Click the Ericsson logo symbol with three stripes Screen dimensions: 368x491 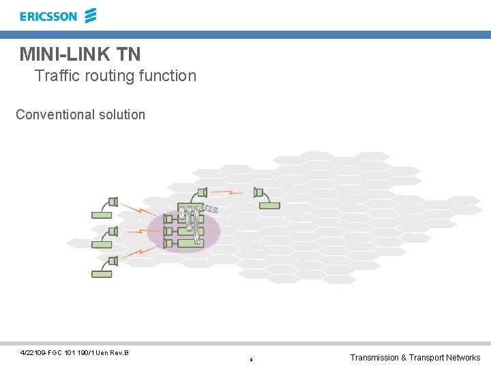91,15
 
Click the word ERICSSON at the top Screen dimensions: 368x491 48,16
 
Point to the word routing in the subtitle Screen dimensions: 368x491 109,76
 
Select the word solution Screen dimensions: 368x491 123,114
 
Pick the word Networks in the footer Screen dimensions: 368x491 463,358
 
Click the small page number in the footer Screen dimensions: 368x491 251,359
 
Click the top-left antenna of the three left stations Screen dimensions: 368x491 113,202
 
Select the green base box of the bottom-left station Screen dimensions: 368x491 101,274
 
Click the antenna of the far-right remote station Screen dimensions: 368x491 258,192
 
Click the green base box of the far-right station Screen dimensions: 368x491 269,205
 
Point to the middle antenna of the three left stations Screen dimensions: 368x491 113,231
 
